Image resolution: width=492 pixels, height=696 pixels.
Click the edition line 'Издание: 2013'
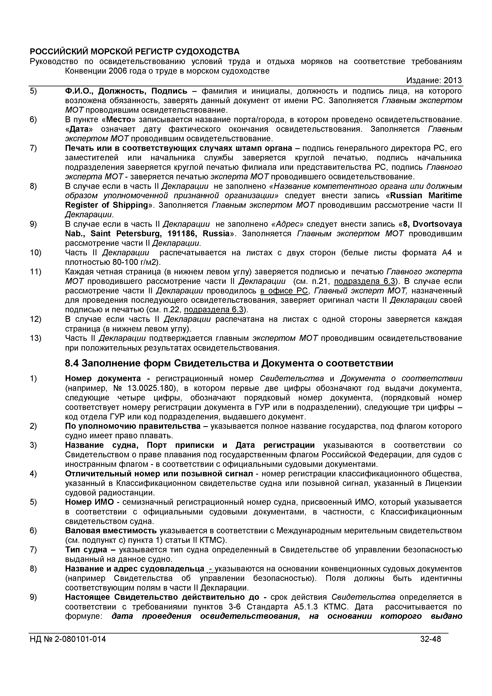click(x=434, y=80)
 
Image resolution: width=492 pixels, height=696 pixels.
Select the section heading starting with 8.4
click(x=229, y=363)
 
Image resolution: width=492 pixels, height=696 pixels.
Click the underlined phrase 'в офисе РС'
click(x=284, y=291)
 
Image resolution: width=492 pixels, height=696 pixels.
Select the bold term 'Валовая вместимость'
click(x=111, y=531)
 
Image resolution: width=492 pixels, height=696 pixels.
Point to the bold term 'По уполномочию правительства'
click(x=133, y=426)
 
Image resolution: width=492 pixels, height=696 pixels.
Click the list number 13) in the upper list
click(x=35, y=338)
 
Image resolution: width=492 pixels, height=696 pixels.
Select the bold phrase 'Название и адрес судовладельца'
click(x=134, y=569)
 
